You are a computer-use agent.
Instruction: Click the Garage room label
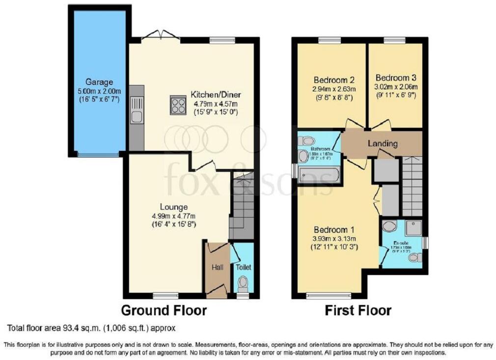point(99,82)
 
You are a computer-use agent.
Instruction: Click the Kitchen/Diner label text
point(216,95)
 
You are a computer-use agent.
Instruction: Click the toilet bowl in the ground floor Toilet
point(243,283)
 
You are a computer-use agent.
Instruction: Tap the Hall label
point(217,267)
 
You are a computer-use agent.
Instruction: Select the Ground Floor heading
point(164,310)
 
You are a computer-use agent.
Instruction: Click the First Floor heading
point(358,310)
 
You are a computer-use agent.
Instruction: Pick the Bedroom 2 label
point(334,80)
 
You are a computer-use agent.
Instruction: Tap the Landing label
point(383,143)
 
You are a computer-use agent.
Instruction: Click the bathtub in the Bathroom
point(319,174)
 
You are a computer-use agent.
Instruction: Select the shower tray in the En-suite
point(413,226)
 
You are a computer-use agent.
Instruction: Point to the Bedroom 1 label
point(335,230)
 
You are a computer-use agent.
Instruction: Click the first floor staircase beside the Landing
point(412,187)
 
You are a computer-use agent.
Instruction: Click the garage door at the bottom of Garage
point(98,155)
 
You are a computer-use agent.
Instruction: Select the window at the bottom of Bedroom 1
point(329,295)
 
